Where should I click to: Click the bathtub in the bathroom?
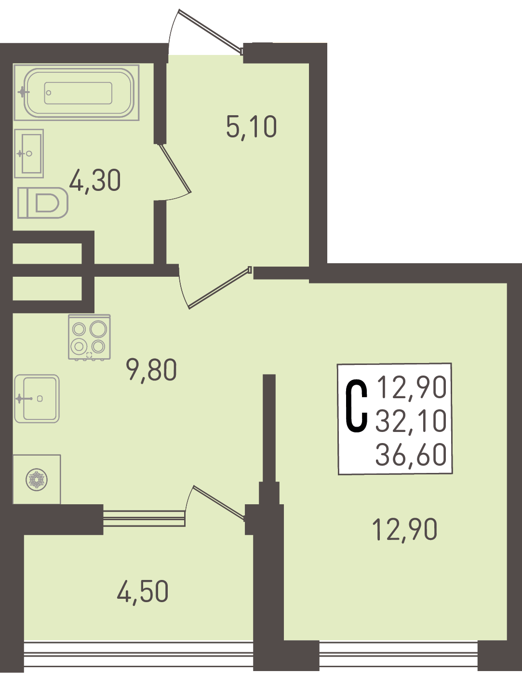click(77, 92)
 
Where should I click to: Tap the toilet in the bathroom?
click(43, 202)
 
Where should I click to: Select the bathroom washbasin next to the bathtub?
click(29, 154)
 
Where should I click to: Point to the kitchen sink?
click(37, 399)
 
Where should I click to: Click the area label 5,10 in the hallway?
click(252, 127)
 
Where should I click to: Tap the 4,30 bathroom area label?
click(95, 181)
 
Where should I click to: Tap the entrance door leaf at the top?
click(210, 31)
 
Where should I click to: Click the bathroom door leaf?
click(174, 168)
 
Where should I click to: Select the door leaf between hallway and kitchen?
click(219, 288)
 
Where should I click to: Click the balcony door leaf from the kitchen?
click(218, 502)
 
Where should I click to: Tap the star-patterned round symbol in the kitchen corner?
click(37, 480)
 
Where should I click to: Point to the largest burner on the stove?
click(98, 329)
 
